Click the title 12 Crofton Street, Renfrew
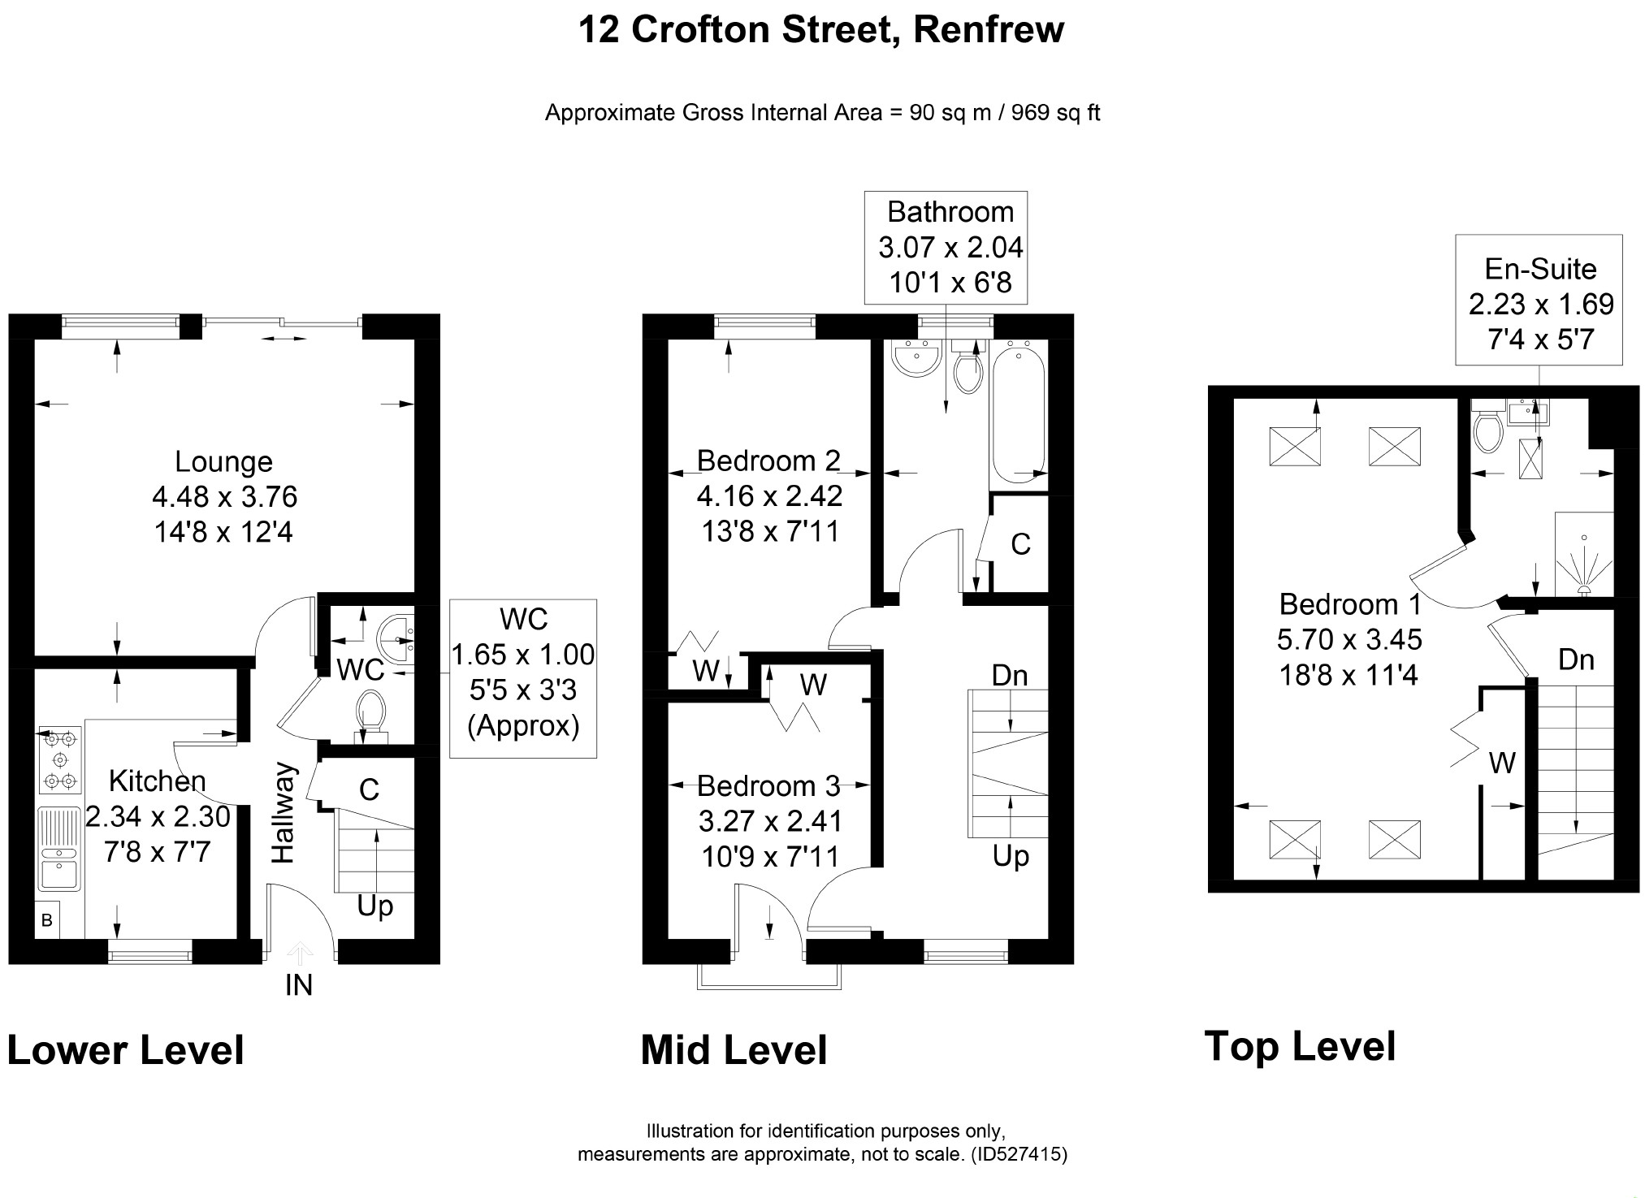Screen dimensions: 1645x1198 (820, 30)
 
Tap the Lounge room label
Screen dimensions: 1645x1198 (223, 461)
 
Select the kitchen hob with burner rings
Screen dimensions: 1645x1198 (60, 759)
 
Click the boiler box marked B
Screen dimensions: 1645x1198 (47, 920)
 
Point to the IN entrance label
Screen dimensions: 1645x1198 (299, 985)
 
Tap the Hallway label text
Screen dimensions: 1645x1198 (283, 812)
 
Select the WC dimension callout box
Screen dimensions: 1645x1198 (523, 678)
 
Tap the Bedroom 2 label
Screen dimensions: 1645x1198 (768, 461)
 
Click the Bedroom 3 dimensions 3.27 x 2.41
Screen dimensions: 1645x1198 (770, 821)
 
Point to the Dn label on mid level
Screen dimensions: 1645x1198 (1010, 675)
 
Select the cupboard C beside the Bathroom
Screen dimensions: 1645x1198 (1020, 543)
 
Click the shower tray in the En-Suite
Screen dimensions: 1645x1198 (1583, 553)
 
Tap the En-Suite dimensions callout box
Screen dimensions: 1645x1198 (1539, 301)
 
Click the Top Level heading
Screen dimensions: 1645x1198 (1300, 1046)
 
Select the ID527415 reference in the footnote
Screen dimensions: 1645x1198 (1019, 1153)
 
